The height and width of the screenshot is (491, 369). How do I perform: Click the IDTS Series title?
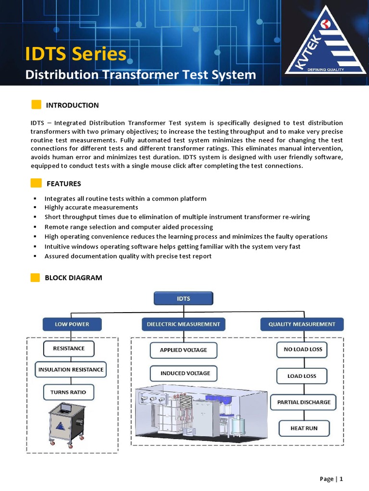tap(75, 54)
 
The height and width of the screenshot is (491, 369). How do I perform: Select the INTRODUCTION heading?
tap(72, 105)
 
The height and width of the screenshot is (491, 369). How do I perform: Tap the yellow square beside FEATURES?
tap(36, 184)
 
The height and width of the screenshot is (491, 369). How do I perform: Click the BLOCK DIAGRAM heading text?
tap(73, 278)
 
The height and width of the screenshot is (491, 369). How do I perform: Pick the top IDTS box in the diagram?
tap(184, 298)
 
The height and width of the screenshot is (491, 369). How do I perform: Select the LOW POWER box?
tap(72, 324)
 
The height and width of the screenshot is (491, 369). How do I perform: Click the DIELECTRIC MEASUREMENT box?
tap(183, 324)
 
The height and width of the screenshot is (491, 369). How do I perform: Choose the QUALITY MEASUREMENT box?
tap(302, 324)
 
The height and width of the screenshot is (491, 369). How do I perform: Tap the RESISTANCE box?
tap(69, 349)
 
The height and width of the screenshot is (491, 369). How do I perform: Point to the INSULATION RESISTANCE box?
tap(71, 370)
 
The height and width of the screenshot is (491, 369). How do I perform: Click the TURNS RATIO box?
tap(68, 392)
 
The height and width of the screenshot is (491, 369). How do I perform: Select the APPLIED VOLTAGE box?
tap(183, 350)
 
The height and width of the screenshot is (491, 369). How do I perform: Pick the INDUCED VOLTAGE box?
tap(185, 373)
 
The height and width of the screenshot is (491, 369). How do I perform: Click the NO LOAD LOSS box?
tap(303, 350)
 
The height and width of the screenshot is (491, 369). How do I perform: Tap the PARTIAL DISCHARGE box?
tap(304, 402)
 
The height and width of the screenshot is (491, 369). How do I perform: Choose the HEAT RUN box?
tap(304, 428)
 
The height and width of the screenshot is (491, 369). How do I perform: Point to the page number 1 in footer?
tap(341, 479)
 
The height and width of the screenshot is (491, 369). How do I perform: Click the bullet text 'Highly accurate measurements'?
tap(91, 208)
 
